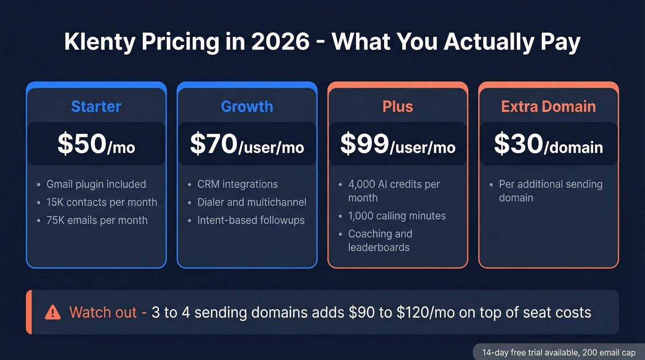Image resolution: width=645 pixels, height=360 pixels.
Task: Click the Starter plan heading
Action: pyautogui.click(x=96, y=106)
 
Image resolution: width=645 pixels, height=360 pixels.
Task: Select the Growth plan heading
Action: pyautogui.click(x=247, y=106)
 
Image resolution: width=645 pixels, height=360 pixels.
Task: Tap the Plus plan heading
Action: pyautogui.click(x=398, y=106)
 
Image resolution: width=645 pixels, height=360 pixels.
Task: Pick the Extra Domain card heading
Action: pyautogui.click(x=548, y=106)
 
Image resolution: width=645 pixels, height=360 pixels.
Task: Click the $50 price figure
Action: pyautogui.click(x=82, y=144)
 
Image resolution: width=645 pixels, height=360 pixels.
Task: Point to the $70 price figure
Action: pyautogui.click(x=214, y=144)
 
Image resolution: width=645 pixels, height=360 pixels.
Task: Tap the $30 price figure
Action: pyautogui.click(x=518, y=144)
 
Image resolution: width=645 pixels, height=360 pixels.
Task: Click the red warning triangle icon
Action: pyautogui.click(x=53, y=313)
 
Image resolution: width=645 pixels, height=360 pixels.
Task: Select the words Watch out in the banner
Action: pyautogui.click(x=103, y=313)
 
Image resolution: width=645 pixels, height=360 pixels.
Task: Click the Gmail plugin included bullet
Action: pyautogui.click(x=96, y=184)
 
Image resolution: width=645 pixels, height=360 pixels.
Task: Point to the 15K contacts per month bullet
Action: pyautogui.click(x=101, y=202)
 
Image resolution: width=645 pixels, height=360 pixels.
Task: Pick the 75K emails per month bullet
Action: pyautogui.click(x=97, y=220)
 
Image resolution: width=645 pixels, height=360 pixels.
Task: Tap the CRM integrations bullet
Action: pyautogui.click(x=237, y=184)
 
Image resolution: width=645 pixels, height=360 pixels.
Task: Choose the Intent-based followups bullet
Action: pyautogui.click(x=251, y=220)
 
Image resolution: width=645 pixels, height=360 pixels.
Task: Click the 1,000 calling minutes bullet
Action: pyautogui.click(x=397, y=216)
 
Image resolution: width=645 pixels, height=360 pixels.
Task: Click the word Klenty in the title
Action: pyautogui.click(x=100, y=42)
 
